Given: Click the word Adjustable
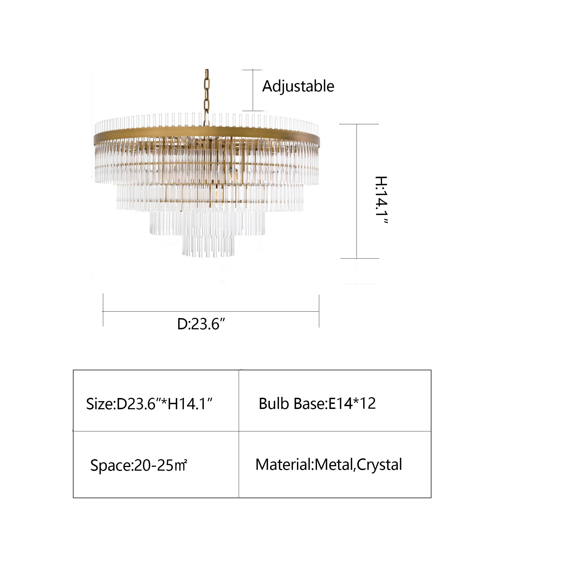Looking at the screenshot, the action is coord(298,86).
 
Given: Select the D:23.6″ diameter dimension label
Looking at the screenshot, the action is coord(201,324).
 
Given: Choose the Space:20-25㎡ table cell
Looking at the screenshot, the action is coord(156,465).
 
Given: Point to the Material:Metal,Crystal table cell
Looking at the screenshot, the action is coord(335,465).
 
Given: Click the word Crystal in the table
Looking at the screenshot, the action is coord(379,465).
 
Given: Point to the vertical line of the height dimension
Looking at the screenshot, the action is coord(357,191).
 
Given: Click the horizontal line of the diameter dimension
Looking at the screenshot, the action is coord(211,312).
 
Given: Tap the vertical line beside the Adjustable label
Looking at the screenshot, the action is coord(253,90).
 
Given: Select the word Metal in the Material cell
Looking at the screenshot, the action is coord(333,465).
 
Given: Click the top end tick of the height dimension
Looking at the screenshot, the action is coord(359,124).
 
